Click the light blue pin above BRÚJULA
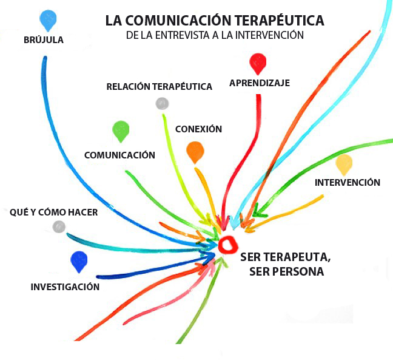point(47,19)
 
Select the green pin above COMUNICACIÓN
point(121,130)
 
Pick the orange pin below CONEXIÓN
point(195,151)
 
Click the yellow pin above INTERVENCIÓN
point(344,163)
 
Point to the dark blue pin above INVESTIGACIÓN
point(79,261)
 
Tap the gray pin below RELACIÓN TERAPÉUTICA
point(161,103)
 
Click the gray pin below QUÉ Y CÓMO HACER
point(59,226)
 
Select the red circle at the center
point(228,245)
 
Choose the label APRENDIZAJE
point(260,83)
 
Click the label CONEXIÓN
point(198,129)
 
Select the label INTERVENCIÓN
point(348,182)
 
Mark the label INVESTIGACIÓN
point(65,287)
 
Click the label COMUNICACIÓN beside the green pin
point(119,155)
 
